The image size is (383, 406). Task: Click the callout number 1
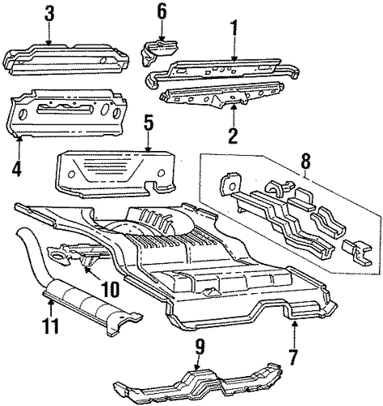point(234,29)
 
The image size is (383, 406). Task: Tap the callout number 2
point(233,136)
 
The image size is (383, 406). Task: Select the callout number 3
point(49,15)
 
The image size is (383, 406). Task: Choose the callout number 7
point(294,358)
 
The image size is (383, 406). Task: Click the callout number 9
point(200,347)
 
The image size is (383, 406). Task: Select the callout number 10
point(112,288)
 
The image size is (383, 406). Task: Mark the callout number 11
point(50,325)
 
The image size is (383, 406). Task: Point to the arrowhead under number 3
point(49,42)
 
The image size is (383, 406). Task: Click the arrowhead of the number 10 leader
point(85,269)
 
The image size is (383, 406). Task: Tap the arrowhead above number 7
point(295,322)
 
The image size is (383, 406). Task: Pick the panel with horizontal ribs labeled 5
point(115,173)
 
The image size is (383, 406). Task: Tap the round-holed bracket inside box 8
point(230,184)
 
